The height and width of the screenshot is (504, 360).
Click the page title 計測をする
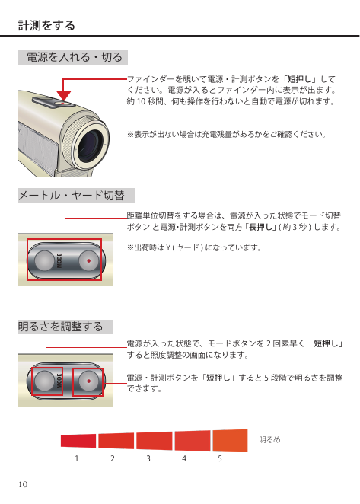46,25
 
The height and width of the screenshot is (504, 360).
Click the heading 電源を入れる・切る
75,57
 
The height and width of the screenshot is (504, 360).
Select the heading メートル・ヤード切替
72,196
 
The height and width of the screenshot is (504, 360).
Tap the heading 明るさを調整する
60,327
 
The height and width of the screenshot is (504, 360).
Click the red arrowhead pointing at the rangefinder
64,96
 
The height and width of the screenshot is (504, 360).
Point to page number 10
23,484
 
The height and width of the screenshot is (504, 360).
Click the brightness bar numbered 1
78,440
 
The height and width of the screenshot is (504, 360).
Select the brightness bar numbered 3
154,440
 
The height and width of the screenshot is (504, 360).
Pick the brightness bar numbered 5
230,440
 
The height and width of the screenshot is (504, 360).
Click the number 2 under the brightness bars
112,458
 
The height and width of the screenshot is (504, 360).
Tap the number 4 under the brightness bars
184,458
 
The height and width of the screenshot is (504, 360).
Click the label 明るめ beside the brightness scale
269,440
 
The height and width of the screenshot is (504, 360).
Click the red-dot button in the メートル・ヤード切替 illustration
89,260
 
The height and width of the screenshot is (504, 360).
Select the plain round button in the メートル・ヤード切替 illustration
44,260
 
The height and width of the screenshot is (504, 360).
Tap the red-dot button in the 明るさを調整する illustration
89,381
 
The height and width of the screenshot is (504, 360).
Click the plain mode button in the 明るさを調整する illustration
44,381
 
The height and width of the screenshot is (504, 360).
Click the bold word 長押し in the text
260,227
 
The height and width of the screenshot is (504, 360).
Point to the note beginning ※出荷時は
194,248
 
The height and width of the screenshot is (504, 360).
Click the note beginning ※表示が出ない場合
227,134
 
